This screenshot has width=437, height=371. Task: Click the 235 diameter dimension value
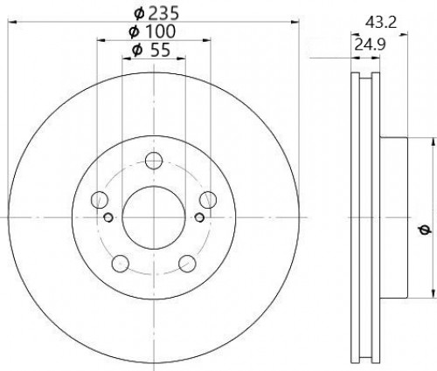(x=163, y=13)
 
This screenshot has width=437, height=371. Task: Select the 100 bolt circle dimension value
(x=160, y=31)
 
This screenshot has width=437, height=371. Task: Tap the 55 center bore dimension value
(x=159, y=50)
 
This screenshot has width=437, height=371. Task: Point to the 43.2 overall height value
(x=381, y=23)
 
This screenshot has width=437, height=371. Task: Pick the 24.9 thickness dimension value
(x=370, y=45)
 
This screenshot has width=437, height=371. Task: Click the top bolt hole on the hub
(x=154, y=161)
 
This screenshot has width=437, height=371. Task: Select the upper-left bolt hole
(x=100, y=200)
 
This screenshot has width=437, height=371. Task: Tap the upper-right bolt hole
(x=208, y=200)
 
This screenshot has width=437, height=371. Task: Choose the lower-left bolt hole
(x=121, y=264)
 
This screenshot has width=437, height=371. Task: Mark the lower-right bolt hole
(x=187, y=264)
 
